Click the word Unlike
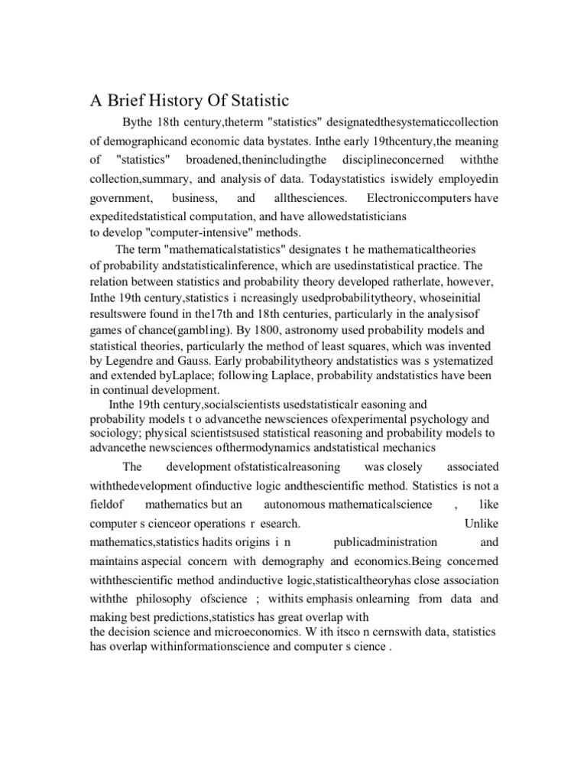[482, 525]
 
